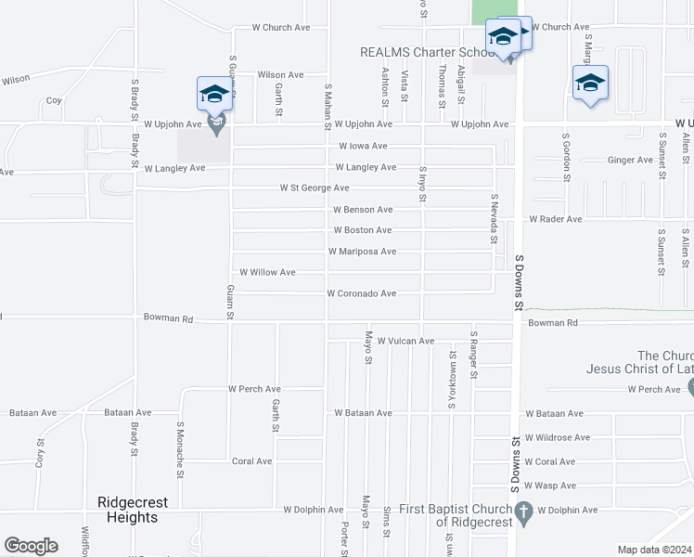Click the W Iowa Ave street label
tap(363, 146)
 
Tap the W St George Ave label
tap(315, 188)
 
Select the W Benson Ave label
tap(363, 210)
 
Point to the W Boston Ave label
tap(362, 230)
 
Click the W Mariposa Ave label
tap(362, 252)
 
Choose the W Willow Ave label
tap(267, 272)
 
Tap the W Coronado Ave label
tap(362, 293)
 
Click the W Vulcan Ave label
tap(405, 342)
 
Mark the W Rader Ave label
tap(555, 219)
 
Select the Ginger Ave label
tap(630, 160)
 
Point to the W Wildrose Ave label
tap(557, 437)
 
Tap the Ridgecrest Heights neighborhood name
tap(133, 510)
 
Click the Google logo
tap(31, 546)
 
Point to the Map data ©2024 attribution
tap(655, 550)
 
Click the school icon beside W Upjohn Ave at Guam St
tap(214, 94)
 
